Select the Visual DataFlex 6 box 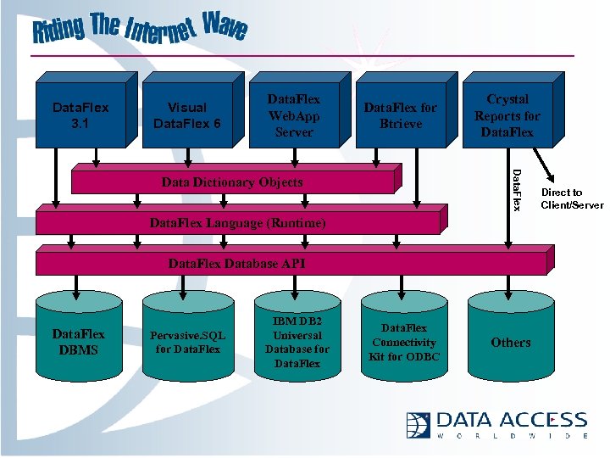pos(186,114)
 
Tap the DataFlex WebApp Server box pos(292,116)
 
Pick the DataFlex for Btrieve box pos(400,114)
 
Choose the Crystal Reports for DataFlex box pos(507,115)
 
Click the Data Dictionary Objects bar pos(232,182)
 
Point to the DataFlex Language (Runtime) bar pos(237,224)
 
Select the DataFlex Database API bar pos(237,264)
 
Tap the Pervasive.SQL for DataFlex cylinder pos(187,343)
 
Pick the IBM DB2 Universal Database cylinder pos(297,343)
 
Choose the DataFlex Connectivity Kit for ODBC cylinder pos(403,342)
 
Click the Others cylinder pos(511,343)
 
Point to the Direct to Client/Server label pos(572,199)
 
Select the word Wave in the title pos(225,27)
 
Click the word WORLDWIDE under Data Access pos(513,436)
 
